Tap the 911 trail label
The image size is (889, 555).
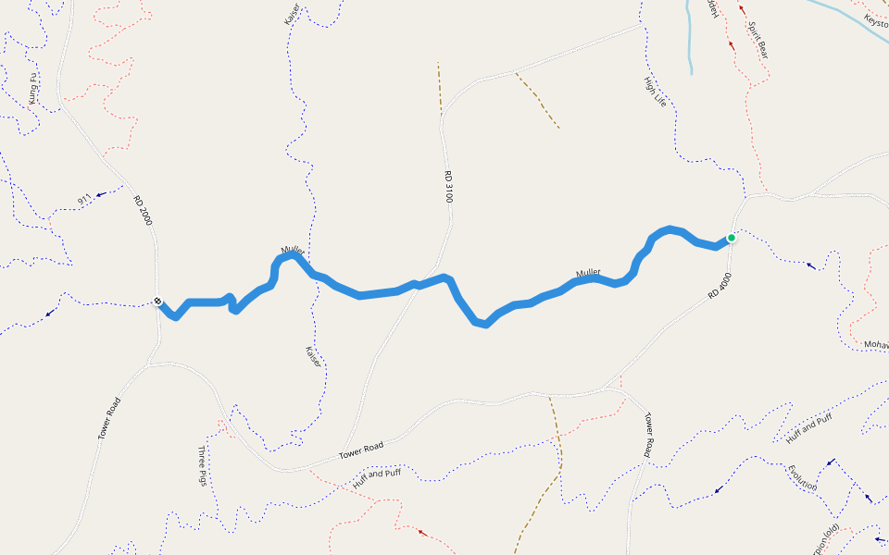pos(84,198)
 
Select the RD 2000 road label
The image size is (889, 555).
pos(142,211)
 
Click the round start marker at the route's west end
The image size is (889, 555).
pos(158,301)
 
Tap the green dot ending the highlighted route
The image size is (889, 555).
pos(731,238)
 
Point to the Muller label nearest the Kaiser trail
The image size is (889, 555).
pos(293,252)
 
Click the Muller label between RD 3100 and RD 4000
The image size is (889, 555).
pos(588,273)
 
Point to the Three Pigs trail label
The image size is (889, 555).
pos(203,466)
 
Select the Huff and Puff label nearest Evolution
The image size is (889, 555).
pos(809,427)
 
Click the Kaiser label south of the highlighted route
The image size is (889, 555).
pos(313,356)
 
